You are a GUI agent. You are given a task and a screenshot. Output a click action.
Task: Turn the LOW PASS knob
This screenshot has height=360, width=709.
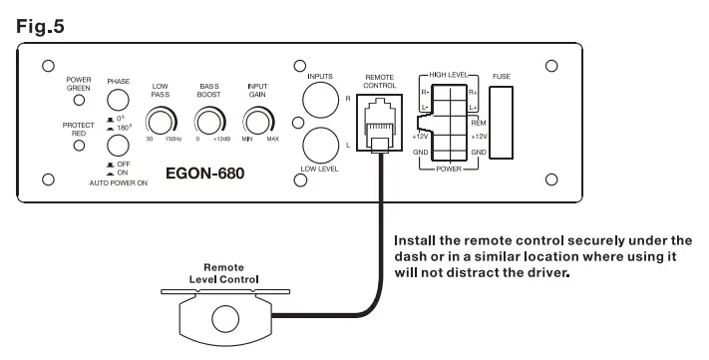coord(159,122)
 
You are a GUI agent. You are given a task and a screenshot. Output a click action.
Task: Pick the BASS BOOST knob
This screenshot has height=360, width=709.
coord(208,122)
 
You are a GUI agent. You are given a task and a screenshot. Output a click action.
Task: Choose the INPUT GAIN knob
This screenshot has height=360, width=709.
coord(258,122)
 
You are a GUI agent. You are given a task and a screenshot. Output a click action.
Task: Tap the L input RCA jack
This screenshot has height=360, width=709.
coord(320,145)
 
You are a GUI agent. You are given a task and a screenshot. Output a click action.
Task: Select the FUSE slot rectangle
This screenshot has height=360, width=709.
coord(501,124)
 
